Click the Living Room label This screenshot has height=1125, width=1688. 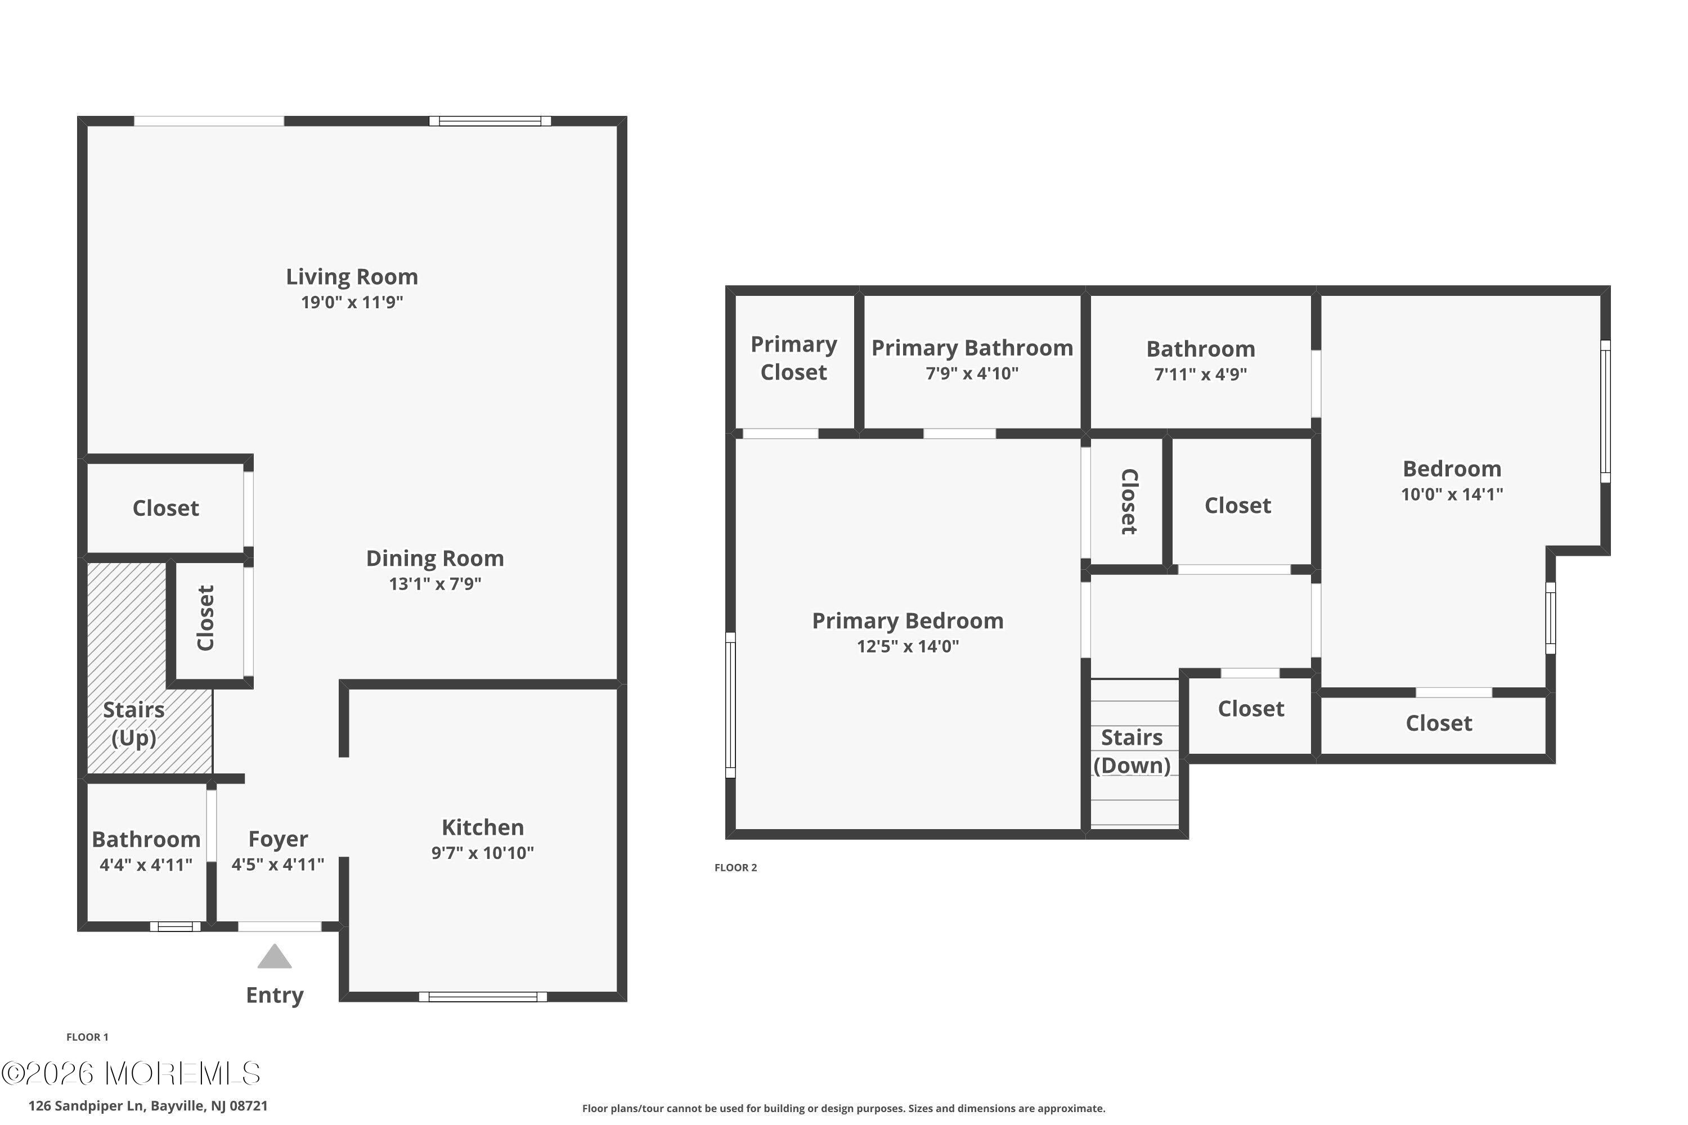[352, 276]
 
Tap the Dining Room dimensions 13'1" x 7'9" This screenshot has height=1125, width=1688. [435, 583]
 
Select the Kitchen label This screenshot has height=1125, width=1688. [482, 827]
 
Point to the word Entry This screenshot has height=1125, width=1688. [275, 996]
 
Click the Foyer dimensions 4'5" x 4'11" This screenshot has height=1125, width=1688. [278, 864]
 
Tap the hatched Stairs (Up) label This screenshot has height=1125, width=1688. [133, 724]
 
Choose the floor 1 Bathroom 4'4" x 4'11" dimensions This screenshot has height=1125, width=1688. [146, 865]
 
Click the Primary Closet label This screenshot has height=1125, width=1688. [794, 358]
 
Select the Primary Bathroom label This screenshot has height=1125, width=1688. [972, 348]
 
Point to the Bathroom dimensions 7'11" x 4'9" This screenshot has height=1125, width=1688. [1201, 374]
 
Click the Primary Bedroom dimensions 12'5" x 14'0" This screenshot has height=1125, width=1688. [908, 646]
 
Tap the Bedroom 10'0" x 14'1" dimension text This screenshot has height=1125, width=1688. [1452, 494]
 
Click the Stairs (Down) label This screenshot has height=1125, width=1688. [1132, 751]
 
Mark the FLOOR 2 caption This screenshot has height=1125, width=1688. [735, 867]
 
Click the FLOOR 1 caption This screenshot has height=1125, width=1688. [88, 1037]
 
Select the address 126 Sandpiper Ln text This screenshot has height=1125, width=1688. [87, 1106]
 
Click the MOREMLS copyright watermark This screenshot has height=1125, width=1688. [131, 1073]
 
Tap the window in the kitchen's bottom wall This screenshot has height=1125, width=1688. [483, 997]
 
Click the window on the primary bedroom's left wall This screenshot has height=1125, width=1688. [730, 705]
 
